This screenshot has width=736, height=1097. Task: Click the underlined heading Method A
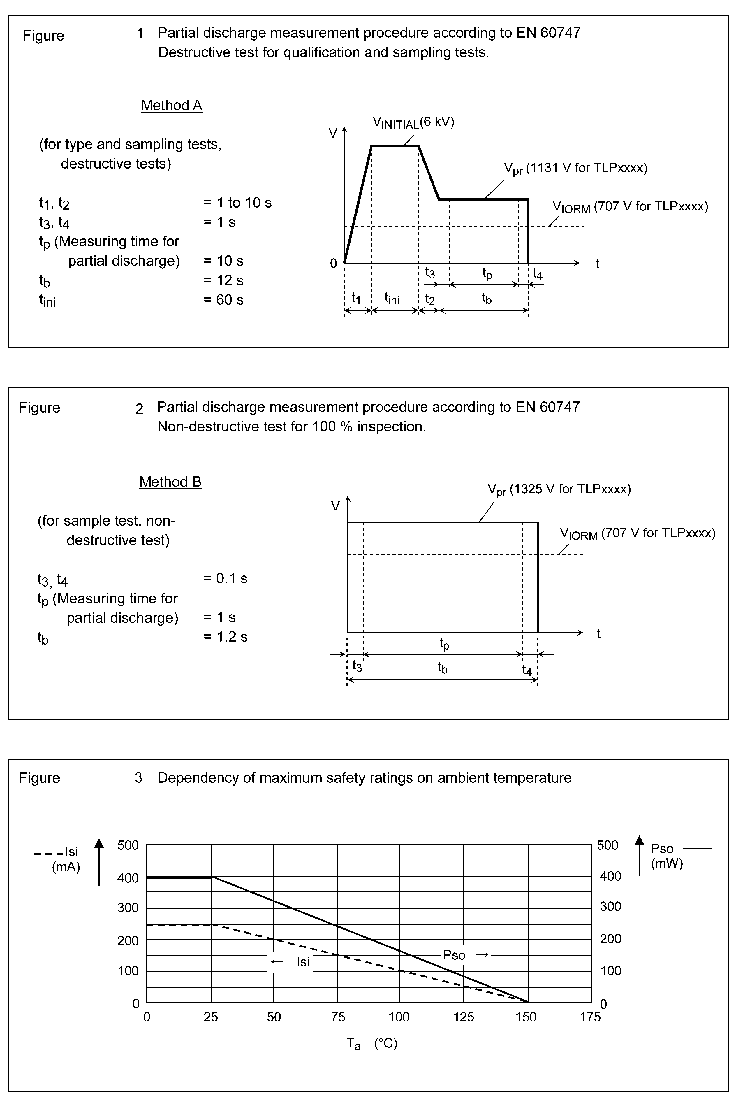tap(171, 105)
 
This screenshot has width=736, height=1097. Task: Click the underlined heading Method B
tap(170, 482)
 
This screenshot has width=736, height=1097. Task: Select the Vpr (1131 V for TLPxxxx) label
tap(575, 168)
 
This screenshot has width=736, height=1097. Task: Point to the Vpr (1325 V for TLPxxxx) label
tap(559, 489)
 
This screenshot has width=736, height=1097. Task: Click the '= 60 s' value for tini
tap(223, 300)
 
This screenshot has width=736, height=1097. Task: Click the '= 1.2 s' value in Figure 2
tap(225, 636)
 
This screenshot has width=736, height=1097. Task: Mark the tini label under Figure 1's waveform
tap(392, 298)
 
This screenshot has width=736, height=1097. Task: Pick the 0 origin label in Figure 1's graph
tap(333, 264)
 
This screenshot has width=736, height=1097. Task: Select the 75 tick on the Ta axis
tap(338, 1017)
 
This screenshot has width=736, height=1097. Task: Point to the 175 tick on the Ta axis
tap(590, 1017)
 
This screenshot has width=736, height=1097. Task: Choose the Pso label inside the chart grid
tap(454, 955)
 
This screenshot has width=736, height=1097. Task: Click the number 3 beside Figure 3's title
tap(138, 778)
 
